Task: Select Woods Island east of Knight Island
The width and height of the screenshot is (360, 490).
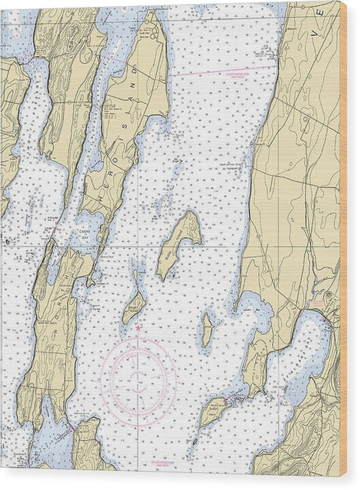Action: click(x=207, y=331)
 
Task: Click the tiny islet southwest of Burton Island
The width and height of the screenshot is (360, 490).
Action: click(x=195, y=442)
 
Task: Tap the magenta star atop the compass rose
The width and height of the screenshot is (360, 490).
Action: click(x=139, y=329)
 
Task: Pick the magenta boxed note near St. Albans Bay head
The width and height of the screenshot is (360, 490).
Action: click(x=317, y=304)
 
